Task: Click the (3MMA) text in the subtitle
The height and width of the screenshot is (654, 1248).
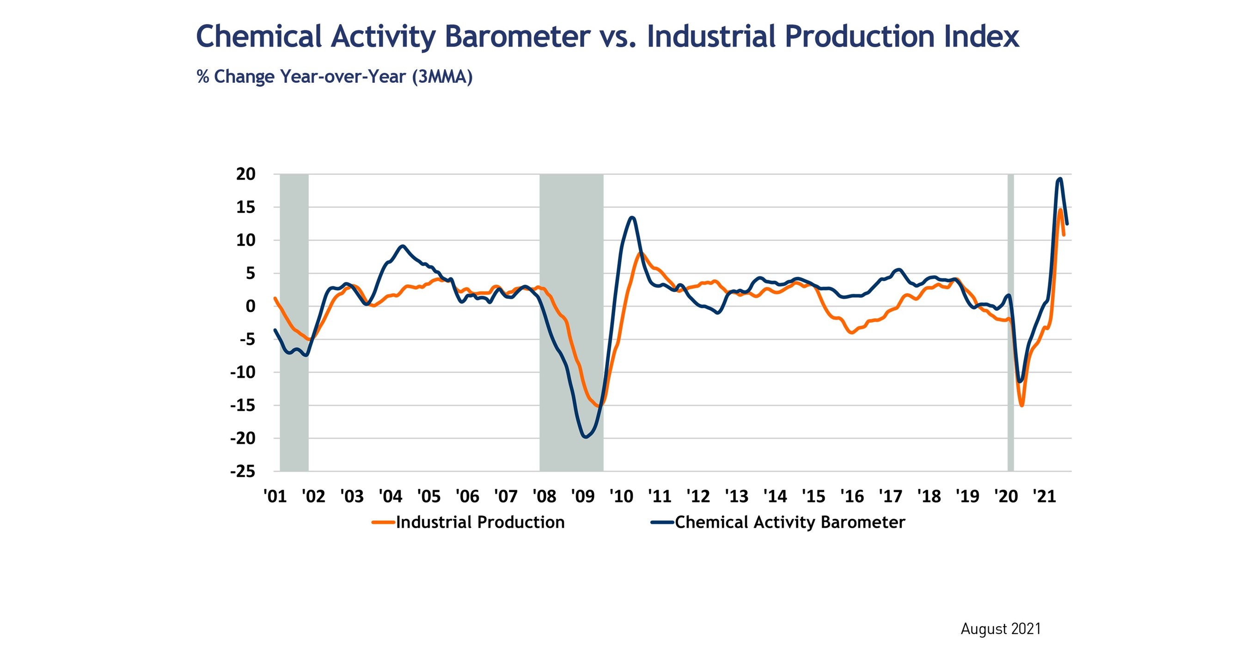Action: pyautogui.click(x=442, y=77)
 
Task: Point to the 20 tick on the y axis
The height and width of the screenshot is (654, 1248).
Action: pyautogui.click(x=245, y=174)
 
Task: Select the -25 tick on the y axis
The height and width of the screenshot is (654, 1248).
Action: pyautogui.click(x=242, y=471)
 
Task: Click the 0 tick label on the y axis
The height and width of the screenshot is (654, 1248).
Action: pyautogui.click(x=250, y=306)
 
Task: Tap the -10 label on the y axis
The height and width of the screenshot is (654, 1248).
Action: pyautogui.click(x=242, y=372)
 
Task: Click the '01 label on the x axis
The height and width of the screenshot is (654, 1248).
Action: pyautogui.click(x=275, y=496)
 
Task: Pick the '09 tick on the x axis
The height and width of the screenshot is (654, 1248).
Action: pyautogui.click(x=582, y=496)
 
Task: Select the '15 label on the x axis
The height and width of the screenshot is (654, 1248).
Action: pyautogui.click(x=814, y=496)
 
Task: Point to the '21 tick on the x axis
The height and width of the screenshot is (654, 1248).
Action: pyautogui.click(x=1044, y=496)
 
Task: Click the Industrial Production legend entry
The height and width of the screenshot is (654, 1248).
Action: pyautogui.click(x=480, y=522)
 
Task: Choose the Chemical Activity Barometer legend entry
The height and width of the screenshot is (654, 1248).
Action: pyautogui.click(x=789, y=522)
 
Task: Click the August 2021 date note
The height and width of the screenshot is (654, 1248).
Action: pyautogui.click(x=1000, y=629)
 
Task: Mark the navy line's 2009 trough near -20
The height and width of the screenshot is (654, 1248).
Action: pyautogui.click(x=586, y=437)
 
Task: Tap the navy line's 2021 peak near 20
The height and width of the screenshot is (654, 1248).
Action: pyautogui.click(x=1060, y=179)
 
